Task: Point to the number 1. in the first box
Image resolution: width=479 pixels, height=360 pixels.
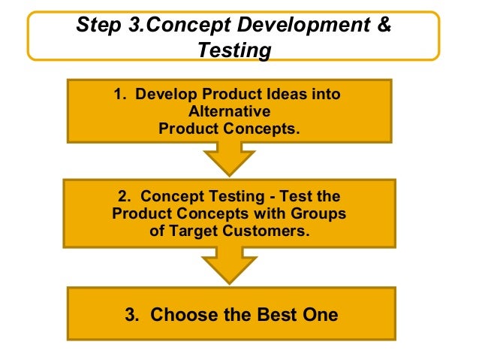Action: click(x=120, y=96)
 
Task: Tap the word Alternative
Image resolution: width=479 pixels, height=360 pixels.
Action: click(x=228, y=112)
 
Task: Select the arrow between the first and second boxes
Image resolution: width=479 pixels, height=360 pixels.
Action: click(x=229, y=159)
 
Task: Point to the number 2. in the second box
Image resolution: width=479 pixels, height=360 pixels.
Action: click(x=125, y=197)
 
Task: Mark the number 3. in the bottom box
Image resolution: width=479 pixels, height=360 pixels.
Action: click(x=134, y=314)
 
